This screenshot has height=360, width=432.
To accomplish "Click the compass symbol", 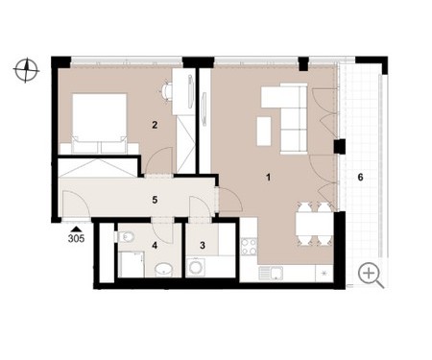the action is [x=27, y=69].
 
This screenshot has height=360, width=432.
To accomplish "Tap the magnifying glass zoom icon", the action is [x=371, y=276].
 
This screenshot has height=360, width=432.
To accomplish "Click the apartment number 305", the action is [x=76, y=238].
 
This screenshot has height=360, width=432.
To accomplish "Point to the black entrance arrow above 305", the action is [x=76, y=228].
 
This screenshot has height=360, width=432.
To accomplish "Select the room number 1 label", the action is [x=269, y=177].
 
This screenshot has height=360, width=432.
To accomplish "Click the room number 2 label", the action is [x=155, y=125].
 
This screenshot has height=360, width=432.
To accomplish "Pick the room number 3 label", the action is [x=203, y=246].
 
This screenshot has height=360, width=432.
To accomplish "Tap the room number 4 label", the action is [x=155, y=246].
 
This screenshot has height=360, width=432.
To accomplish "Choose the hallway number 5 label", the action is [x=155, y=200].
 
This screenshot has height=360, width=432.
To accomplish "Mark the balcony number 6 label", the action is [x=360, y=177].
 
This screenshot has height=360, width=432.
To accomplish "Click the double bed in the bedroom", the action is [x=100, y=123].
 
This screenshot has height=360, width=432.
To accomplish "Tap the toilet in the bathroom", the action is [x=125, y=237].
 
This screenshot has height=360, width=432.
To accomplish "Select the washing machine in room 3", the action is [x=195, y=267].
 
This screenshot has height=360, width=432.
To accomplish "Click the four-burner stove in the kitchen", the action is [x=249, y=247].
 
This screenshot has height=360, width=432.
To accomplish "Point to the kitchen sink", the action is [x=271, y=274].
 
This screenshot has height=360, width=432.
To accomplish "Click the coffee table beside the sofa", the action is [x=264, y=132].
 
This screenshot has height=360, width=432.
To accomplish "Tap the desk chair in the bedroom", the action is [x=165, y=91].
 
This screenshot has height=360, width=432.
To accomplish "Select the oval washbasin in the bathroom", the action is [x=164, y=270].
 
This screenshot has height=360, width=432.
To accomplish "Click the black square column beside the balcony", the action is [x=339, y=147].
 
